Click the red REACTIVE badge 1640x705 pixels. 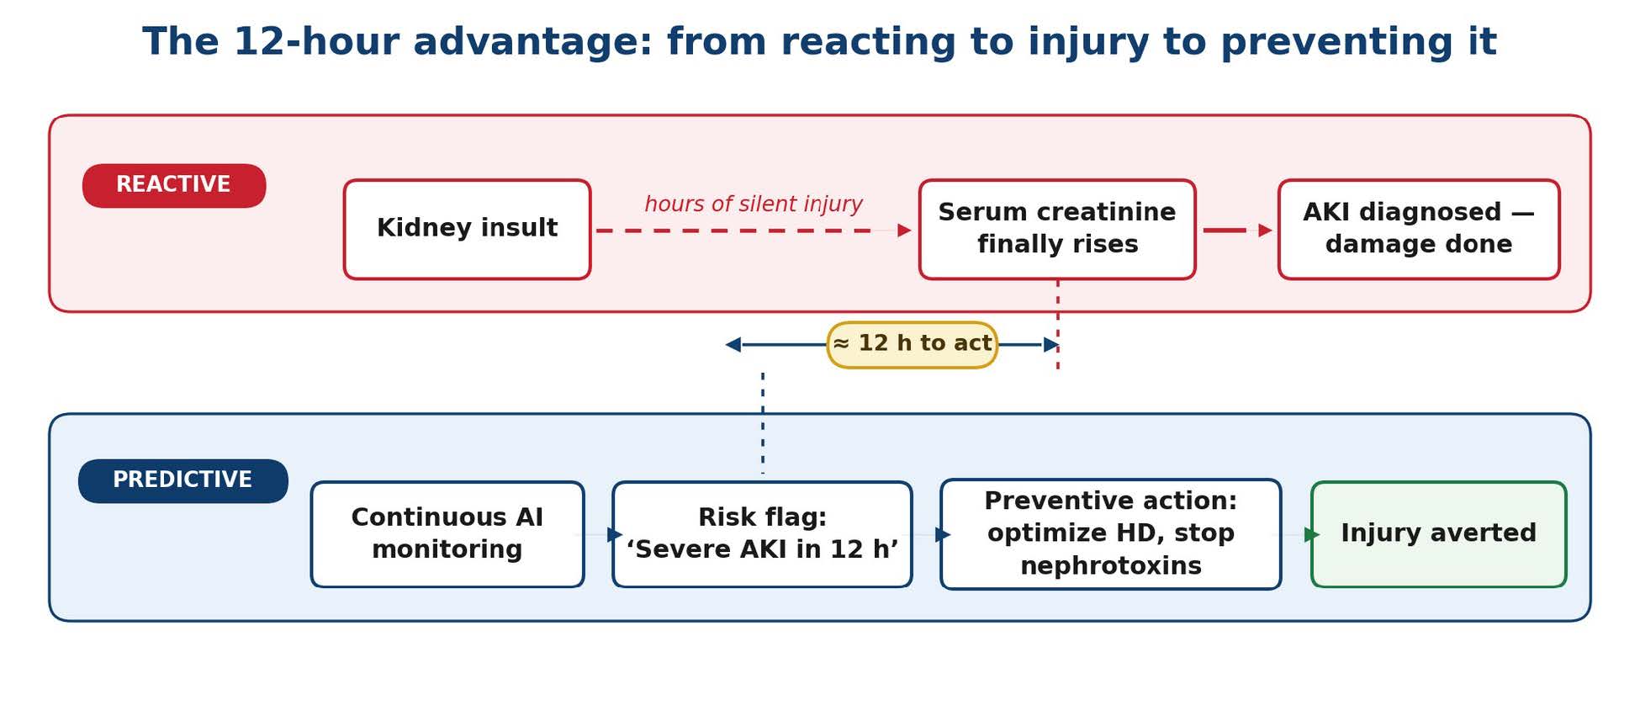(174, 185)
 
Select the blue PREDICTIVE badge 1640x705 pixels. (183, 480)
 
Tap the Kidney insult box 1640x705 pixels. (468, 229)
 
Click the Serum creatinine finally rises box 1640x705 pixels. (1057, 229)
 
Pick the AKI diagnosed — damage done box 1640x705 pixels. (1419, 229)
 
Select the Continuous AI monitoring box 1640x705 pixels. (447, 534)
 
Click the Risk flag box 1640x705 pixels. (762, 534)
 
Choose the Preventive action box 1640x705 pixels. (1111, 534)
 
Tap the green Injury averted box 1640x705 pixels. (1439, 534)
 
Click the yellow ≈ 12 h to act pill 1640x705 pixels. (913, 344)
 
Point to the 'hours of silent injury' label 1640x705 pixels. (754, 204)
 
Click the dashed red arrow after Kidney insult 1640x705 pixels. (754, 230)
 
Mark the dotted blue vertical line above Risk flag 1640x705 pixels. (763, 422)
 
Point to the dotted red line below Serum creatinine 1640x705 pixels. (1058, 324)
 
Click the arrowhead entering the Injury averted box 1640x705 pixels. (1312, 534)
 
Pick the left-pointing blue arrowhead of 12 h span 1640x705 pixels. (733, 344)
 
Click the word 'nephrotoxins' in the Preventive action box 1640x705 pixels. (1111, 566)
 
